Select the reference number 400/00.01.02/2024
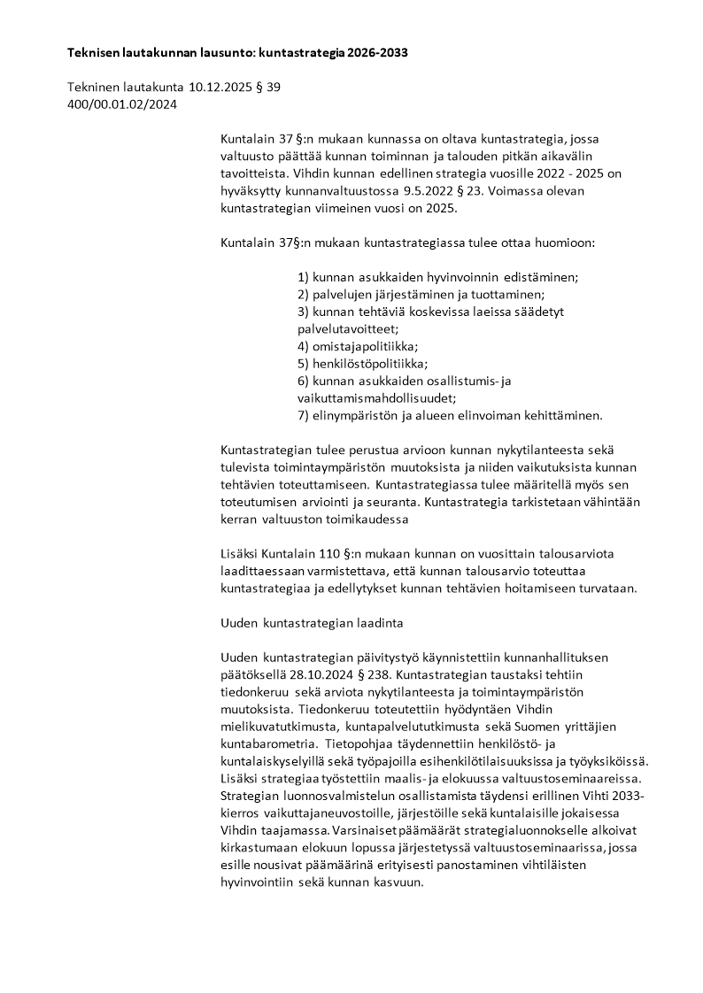point(122,104)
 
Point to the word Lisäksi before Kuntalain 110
point(239,553)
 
